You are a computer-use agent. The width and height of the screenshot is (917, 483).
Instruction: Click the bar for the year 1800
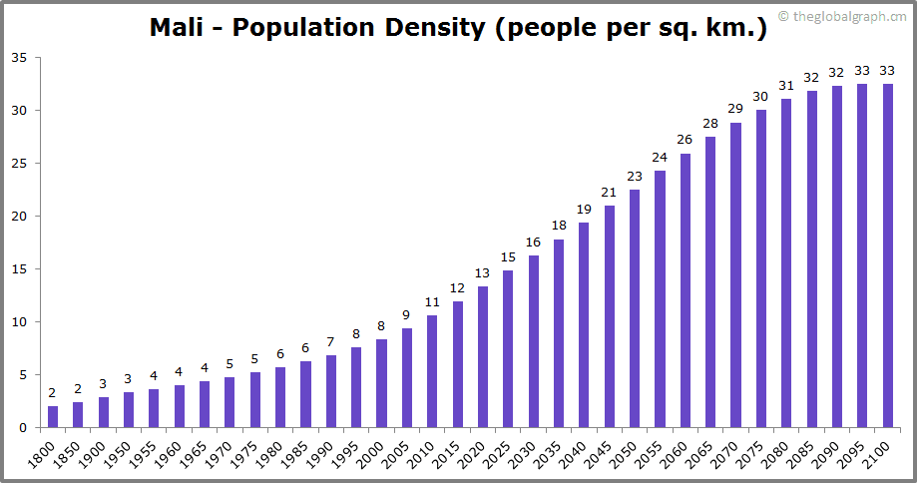pyautogui.click(x=53, y=417)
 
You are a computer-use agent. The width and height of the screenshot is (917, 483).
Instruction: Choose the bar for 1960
pyautogui.click(x=180, y=406)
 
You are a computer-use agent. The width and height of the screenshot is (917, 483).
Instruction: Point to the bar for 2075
pyautogui.click(x=761, y=268)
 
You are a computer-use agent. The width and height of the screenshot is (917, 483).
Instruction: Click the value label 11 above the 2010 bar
pyautogui.click(x=432, y=302)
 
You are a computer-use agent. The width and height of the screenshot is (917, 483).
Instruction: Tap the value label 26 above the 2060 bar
pyautogui.click(x=685, y=140)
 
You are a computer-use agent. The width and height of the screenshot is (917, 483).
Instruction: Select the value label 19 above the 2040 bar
pyautogui.click(x=584, y=210)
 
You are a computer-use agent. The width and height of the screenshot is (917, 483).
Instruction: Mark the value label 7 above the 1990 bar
pyautogui.click(x=331, y=342)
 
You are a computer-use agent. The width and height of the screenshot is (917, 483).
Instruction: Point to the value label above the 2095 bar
pyautogui.click(x=862, y=71)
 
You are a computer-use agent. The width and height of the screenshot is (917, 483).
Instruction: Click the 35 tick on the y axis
pyautogui.click(x=19, y=58)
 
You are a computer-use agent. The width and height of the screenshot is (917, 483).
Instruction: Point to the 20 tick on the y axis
pyautogui.click(x=19, y=217)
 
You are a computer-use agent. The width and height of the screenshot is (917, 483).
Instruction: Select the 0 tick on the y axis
pyautogui.click(x=23, y=428)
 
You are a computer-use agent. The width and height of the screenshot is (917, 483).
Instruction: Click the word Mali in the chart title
pyautogui.click(x=180, y=28)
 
